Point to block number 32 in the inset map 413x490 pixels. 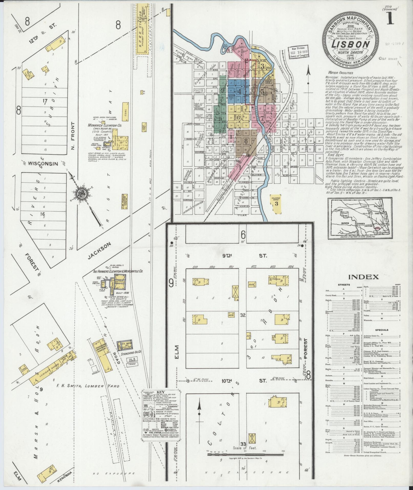pos(242,316)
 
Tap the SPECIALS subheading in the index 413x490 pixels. pos(382,330)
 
